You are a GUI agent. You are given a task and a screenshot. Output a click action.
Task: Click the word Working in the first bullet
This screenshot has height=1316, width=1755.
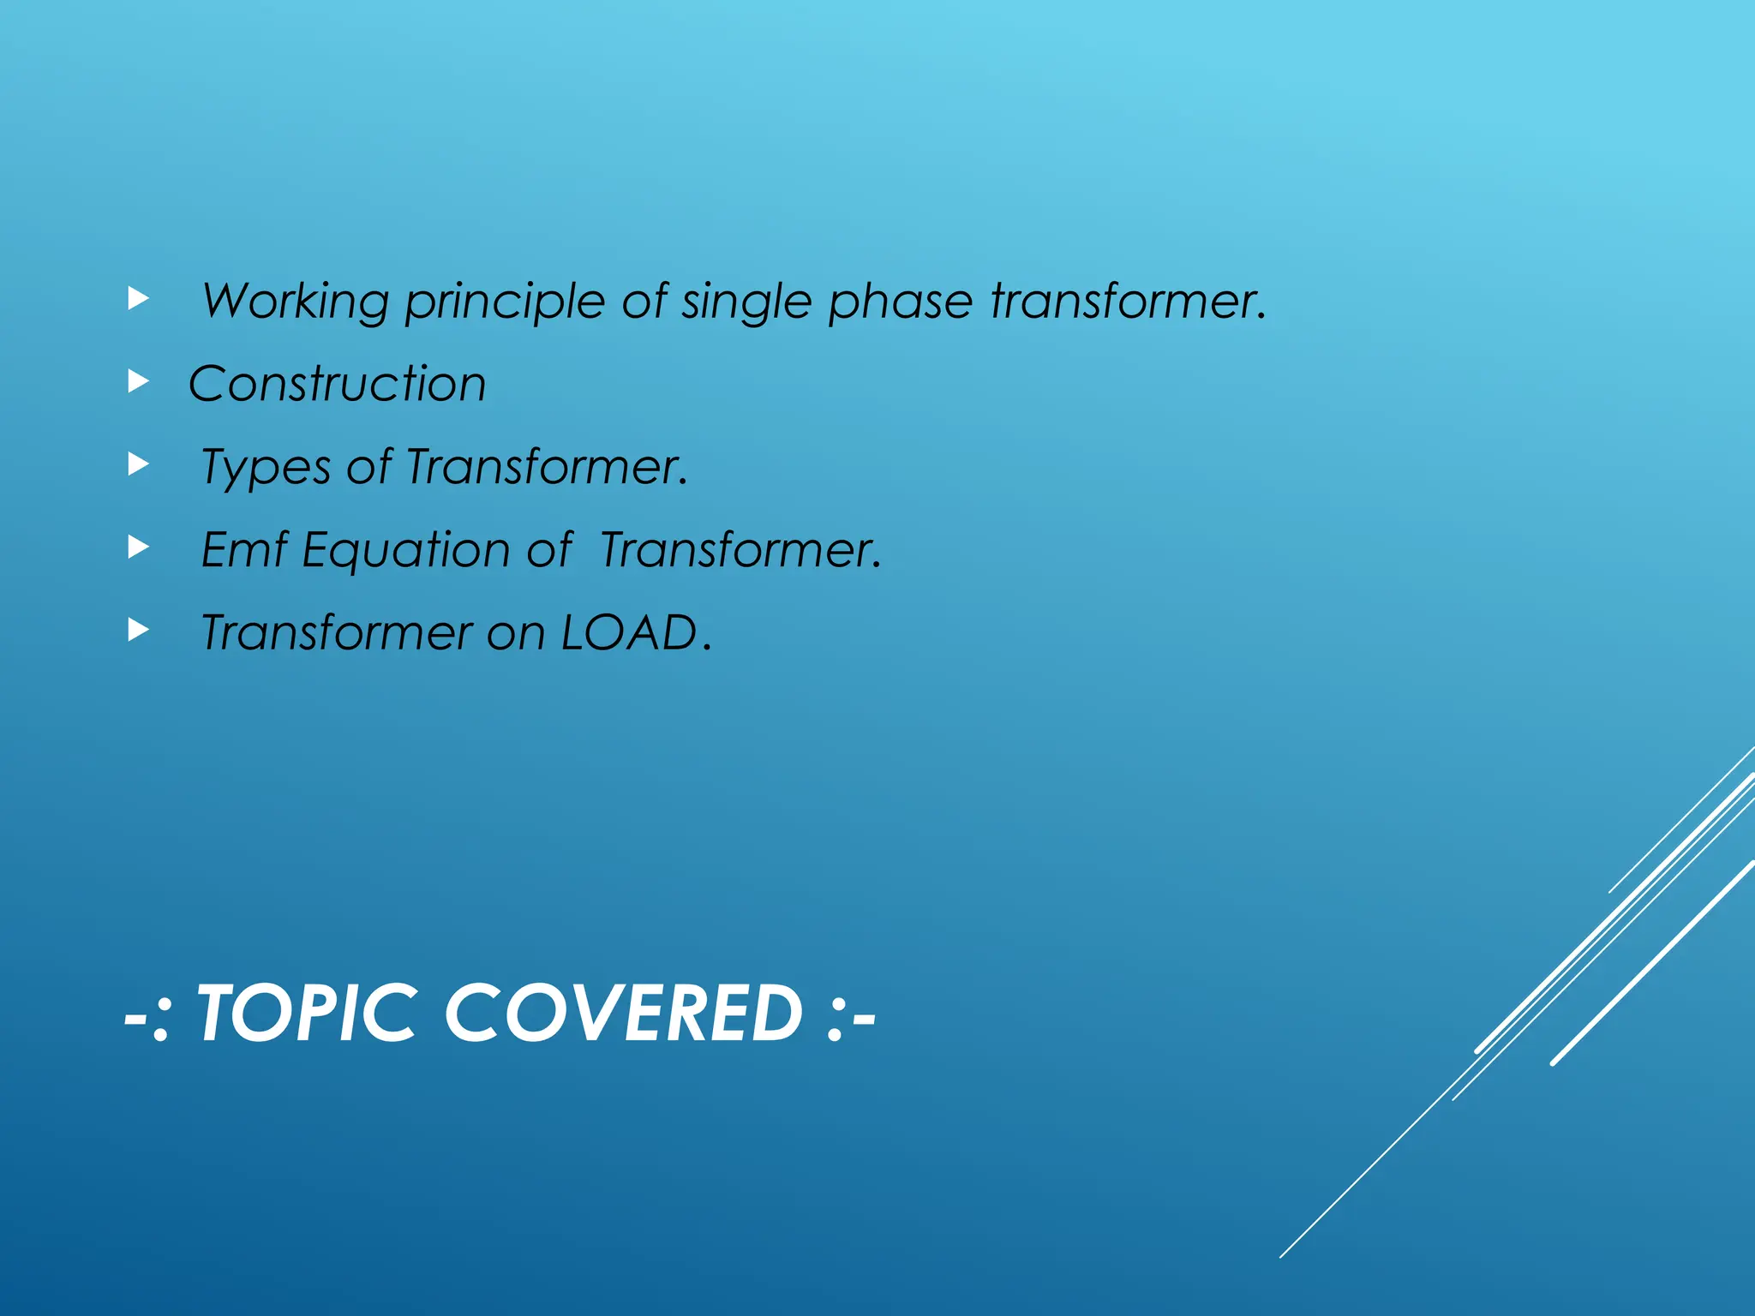click(296, 302)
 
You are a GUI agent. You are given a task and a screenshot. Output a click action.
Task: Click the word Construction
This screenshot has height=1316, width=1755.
click(338, 383)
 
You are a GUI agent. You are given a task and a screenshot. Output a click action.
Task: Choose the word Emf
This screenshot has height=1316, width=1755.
click(243, 549)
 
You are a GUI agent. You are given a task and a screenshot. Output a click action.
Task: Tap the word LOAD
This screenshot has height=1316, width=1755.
click(630, 632)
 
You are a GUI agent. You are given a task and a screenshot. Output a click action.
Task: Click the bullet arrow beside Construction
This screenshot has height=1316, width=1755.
click(138, 381)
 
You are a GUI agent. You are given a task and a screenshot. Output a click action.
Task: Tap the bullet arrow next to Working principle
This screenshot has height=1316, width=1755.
click(138, 298)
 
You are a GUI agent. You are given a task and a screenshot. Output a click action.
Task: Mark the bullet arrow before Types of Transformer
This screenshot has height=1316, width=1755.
click(138, 464)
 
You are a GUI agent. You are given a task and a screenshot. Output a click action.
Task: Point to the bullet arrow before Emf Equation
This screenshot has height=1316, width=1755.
click(138, 547)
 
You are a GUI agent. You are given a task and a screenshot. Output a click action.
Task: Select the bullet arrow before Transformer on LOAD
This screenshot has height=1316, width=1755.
click(138, 630)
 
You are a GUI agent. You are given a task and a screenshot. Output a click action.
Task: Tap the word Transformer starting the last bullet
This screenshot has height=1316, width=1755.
click(336, 632)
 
